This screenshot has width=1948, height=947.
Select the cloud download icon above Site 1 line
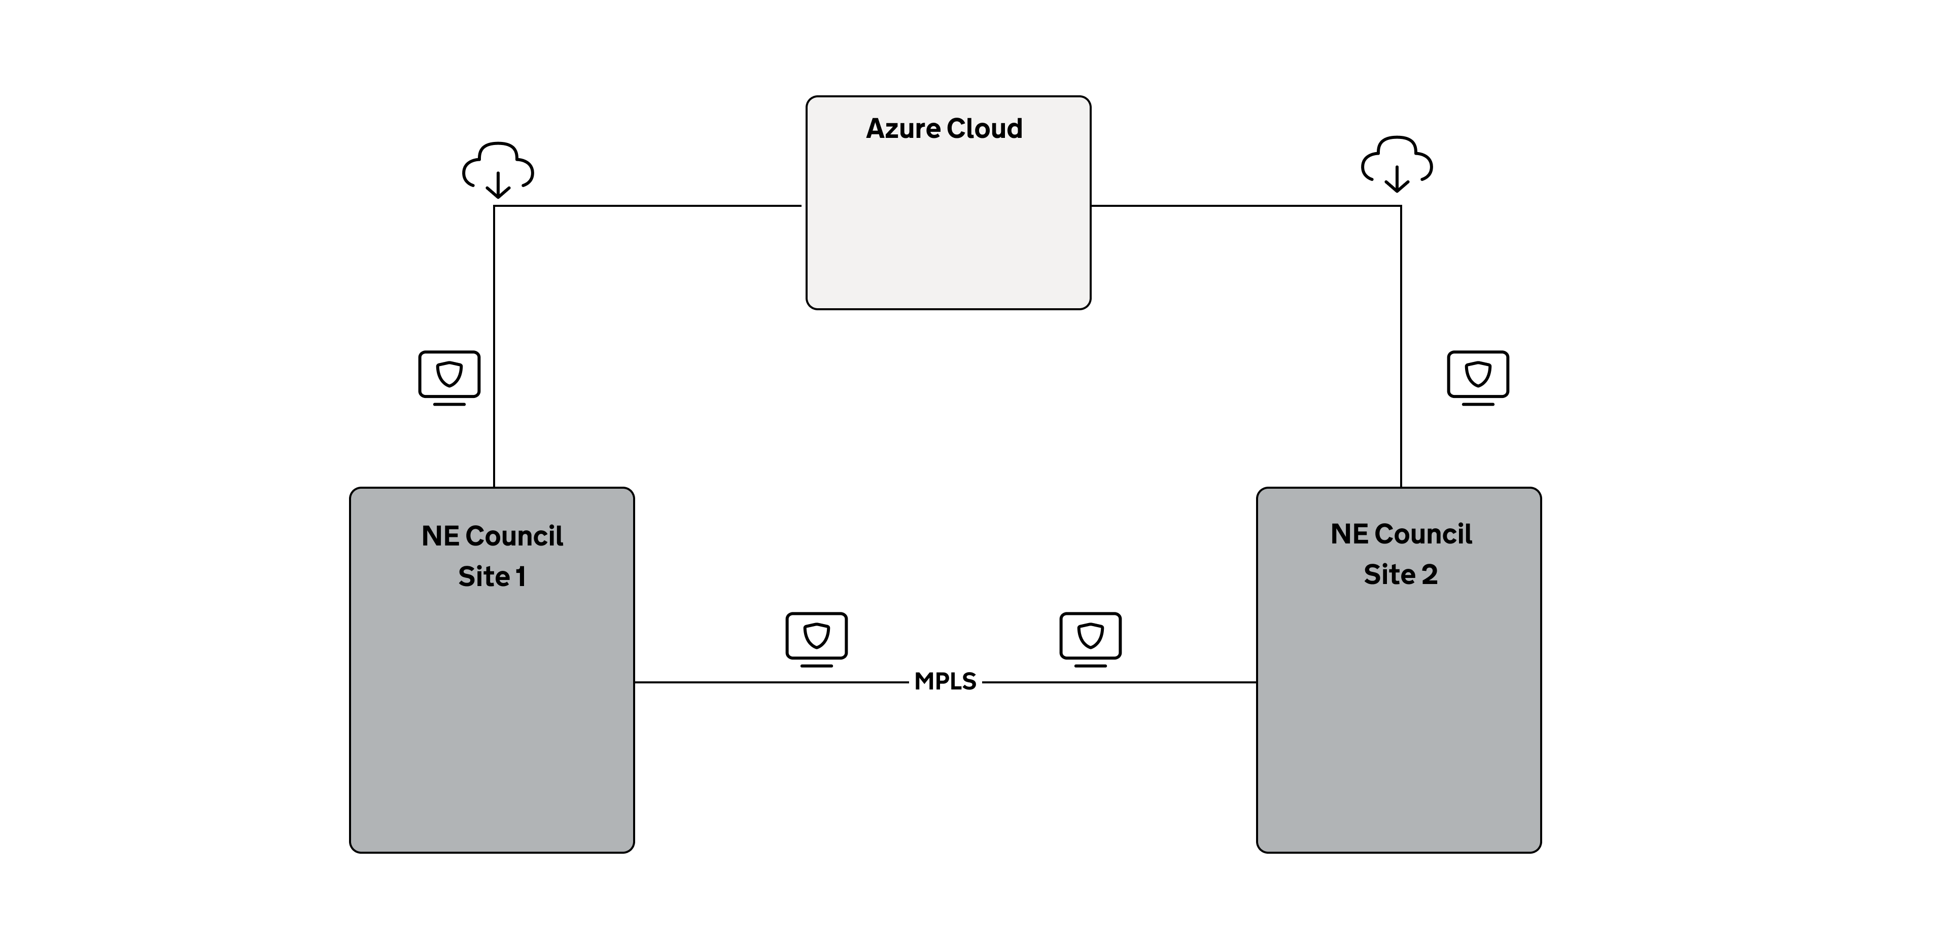pos(498,170)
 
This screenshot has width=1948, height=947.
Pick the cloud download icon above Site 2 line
pos(1397,165)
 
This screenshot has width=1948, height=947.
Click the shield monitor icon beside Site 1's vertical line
pos(449,378)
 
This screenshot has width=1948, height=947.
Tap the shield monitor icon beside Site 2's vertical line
pos(1478,378)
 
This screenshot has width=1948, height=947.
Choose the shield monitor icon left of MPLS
pos(817,639)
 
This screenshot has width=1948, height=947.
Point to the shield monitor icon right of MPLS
pos(1091,639)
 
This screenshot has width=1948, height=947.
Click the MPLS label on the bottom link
pos(945,682)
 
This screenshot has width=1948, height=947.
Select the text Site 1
pos(492,576)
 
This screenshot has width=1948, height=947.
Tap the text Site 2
pos(1401,574)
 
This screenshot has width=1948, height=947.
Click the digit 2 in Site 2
pos(1429,574)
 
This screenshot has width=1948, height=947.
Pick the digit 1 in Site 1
pos(520,576)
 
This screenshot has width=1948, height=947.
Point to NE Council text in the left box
pos(492,536)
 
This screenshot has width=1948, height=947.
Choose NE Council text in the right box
pos(1401,534)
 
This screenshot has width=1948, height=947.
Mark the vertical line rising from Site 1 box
pos(494,346)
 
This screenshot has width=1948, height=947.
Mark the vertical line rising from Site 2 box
pos(1401,346)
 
